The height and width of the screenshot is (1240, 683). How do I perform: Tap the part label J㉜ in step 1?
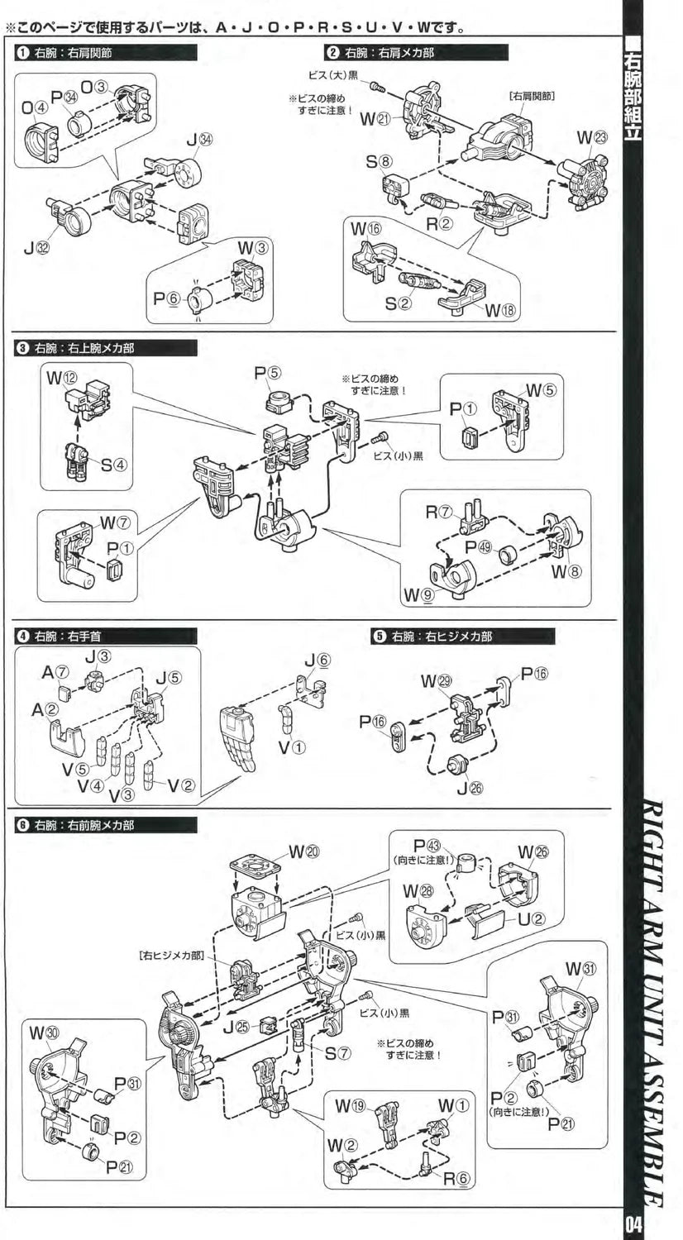[36, 249]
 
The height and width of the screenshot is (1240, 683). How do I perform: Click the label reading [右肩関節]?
[532, 95]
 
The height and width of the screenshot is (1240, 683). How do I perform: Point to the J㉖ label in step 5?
[470, 786]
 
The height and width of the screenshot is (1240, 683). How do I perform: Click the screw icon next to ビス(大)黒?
[375, 84]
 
